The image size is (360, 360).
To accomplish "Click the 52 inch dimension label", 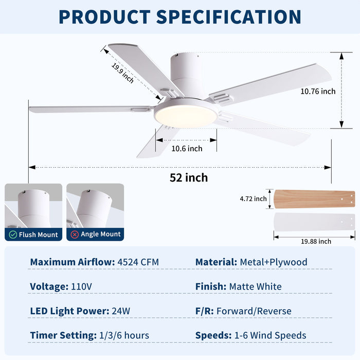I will [189, 178].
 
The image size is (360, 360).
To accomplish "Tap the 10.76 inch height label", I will [318, 92].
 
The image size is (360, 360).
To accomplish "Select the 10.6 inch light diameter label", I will [187, 149].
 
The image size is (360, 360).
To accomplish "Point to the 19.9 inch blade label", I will [123, 73].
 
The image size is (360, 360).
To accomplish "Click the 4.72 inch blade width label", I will [253, 199].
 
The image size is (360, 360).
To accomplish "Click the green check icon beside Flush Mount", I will [13, 235].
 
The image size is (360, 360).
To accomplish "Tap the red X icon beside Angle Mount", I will [75, 235].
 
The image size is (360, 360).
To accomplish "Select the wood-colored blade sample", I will [314, 199].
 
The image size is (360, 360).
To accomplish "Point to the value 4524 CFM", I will [138, 262].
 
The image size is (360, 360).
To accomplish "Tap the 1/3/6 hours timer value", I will [124, 335].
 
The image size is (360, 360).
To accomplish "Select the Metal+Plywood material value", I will [274, 262].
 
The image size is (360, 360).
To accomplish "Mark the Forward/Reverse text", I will [254, 311].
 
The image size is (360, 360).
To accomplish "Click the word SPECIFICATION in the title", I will [229, 16].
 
